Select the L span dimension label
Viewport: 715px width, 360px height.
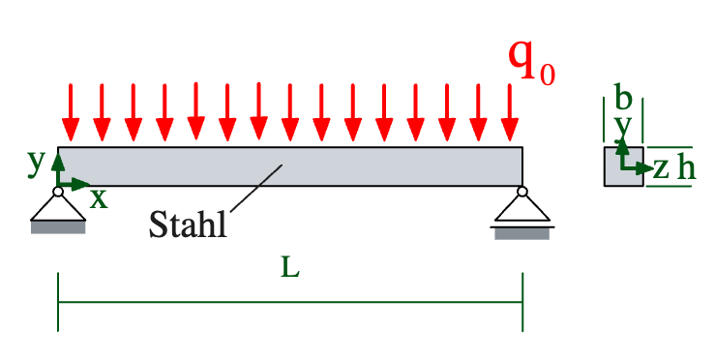290,268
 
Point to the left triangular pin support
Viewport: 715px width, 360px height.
58,206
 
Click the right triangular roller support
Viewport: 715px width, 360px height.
522,207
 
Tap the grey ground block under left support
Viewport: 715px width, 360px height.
58,227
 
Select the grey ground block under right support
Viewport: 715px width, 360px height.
522,233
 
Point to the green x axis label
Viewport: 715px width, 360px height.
99,198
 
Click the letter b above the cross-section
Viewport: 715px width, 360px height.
623,98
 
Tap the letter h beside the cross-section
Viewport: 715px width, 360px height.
686,168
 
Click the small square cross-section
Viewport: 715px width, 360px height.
623,166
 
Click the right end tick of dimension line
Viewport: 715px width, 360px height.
522,302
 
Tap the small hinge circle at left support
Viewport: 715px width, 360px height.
58,192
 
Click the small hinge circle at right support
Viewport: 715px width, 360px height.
522,192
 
